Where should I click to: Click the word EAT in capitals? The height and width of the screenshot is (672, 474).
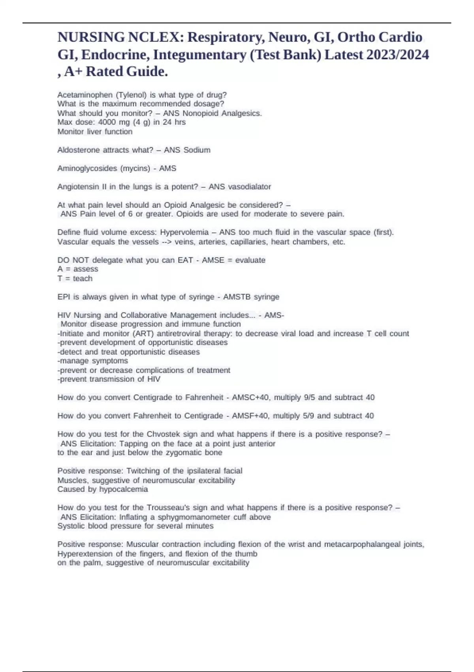click(x=185, y=260)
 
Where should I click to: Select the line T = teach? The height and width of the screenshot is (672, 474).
click(x=75, y=279)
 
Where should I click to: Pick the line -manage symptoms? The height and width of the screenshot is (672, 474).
click(x=93, y=361)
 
